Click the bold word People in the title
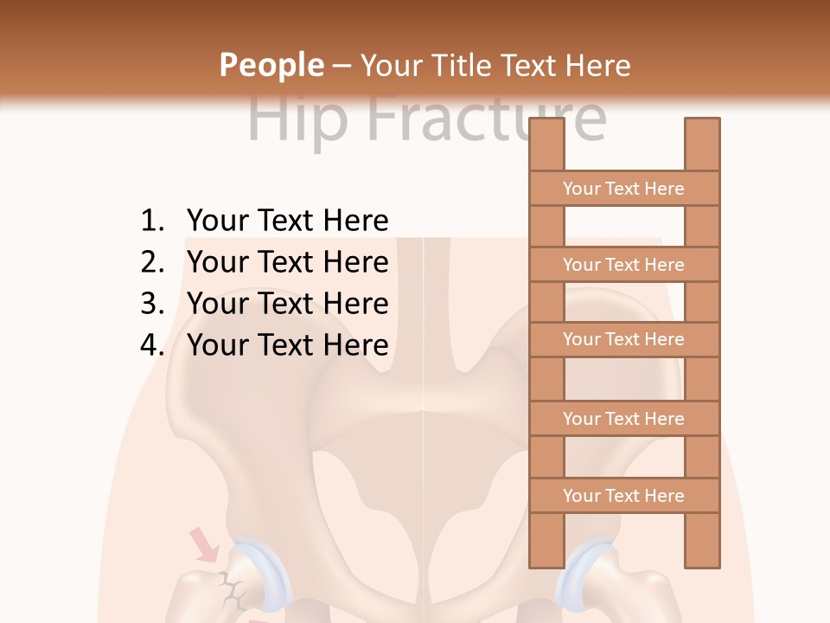tap(271, 66)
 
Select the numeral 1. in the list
tap(152, 222)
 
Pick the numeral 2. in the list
tap(152, 262)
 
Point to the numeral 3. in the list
tap(152, 304)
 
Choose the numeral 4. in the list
tap(152, 345)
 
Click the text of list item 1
tap(287, 222)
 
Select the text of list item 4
tap(287, 345)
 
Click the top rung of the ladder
tap(623, 189)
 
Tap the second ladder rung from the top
tap(623, 265)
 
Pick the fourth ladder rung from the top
tap(623, 419)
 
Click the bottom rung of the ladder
tap(623, 496)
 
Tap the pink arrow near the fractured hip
tap(205, 546)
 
